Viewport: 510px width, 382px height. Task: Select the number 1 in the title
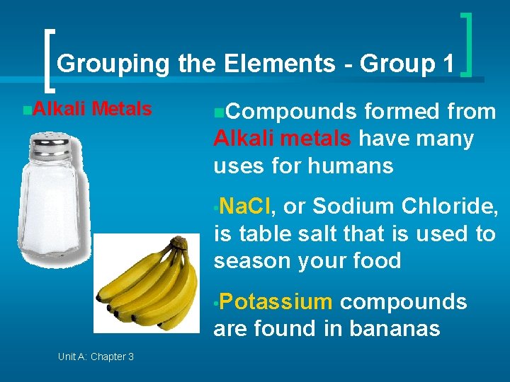[x=447, y=64]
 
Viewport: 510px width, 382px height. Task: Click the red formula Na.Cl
[x=245, y=206]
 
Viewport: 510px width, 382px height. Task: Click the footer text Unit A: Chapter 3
[x=96, y=357]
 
